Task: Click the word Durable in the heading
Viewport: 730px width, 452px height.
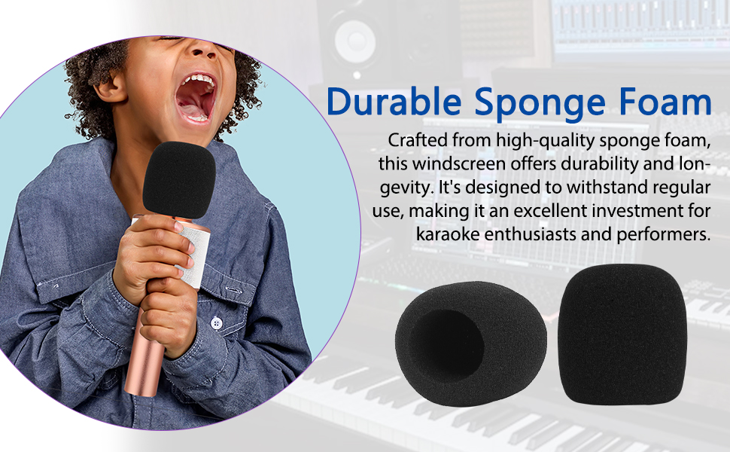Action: [394, 101]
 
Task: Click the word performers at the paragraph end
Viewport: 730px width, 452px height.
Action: [664, 234]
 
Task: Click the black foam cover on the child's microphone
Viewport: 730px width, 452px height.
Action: [178, 180]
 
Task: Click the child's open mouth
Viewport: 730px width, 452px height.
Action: [196, 98]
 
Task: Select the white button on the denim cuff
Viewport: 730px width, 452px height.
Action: [215, 322]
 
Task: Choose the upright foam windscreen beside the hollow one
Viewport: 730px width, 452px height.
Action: [622, 334]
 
